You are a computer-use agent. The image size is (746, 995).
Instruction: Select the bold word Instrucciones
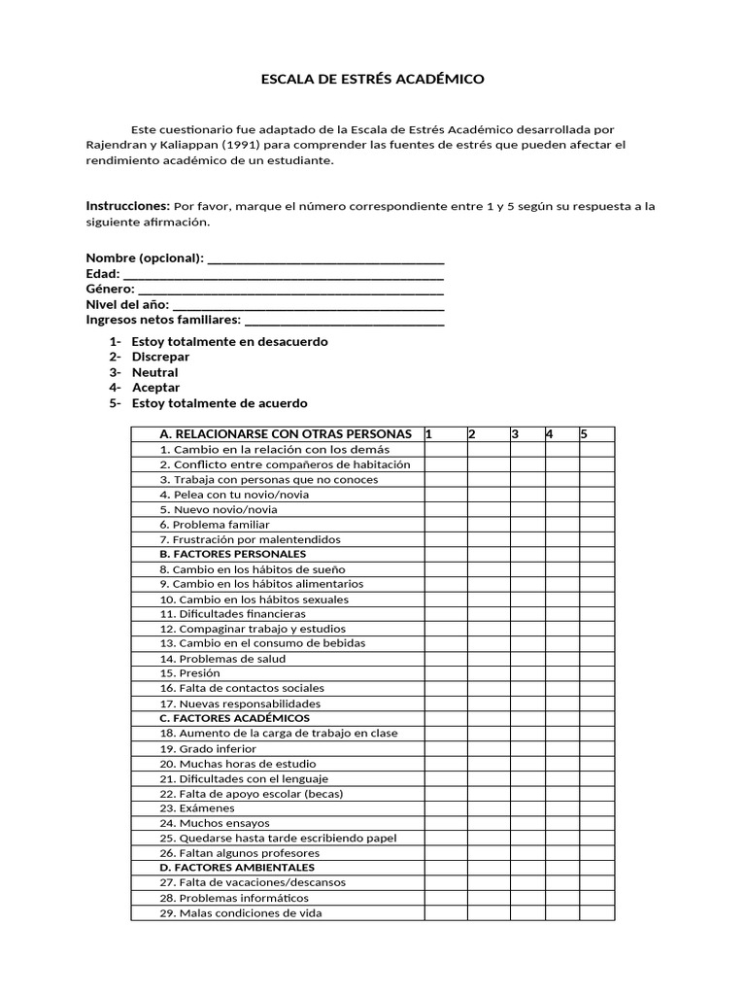coord(127,206)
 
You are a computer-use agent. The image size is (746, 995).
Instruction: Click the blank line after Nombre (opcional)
coord(326,258)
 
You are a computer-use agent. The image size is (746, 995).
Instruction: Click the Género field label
coord(110,289)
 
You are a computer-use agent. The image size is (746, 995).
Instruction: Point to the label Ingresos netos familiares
coord(162,319)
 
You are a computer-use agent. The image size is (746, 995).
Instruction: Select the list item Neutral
coord(154,372)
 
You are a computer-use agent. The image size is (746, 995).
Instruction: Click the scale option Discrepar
coord(160,357)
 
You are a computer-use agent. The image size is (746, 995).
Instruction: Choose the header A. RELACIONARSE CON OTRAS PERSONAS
coord(285,433)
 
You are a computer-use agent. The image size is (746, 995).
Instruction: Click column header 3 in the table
coord(515,433)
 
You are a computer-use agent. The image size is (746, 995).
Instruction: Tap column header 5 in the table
coord(584,433)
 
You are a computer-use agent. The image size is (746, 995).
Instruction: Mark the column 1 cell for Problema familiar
coord(445,524)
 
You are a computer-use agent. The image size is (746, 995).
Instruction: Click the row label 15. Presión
coord(190,673)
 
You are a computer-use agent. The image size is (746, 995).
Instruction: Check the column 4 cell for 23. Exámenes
coord(561,808)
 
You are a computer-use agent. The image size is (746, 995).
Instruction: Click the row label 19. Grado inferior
coord(208,748)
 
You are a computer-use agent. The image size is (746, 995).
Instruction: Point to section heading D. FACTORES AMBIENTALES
coord(237,868)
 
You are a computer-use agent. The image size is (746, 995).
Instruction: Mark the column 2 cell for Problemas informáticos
coord(488,898)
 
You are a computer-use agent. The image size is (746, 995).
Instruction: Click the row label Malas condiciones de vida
coord(240,913)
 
